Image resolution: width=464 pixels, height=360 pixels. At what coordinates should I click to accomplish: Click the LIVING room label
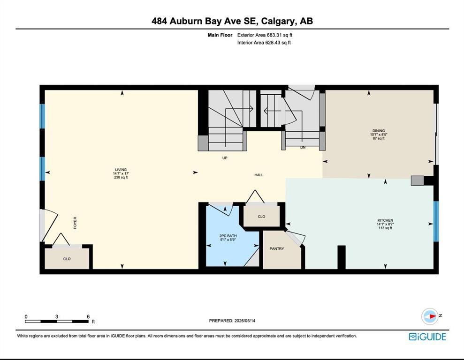point(121,170)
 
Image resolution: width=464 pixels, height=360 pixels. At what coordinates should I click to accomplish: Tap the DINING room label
point(379,131)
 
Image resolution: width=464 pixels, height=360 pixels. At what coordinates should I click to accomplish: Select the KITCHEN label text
point(385,220)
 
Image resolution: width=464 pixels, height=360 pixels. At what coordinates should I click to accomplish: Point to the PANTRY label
point(277,249)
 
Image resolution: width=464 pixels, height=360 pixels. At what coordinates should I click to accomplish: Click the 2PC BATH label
point(228,236)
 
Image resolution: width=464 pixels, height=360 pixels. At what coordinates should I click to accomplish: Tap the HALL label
point(259,175)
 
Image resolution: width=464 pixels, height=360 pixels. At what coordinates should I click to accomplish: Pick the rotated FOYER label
point(75,223)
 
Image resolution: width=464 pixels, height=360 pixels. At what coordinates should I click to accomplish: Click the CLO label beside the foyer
point(67,259)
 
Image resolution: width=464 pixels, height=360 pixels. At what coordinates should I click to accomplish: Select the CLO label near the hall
point(261,217)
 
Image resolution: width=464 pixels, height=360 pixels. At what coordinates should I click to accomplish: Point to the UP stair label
point(225,158)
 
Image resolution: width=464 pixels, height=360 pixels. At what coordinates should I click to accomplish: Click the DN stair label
point(303,147)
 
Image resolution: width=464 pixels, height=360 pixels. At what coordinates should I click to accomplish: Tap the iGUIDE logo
point(427,337)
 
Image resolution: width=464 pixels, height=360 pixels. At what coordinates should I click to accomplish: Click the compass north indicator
point(430,316)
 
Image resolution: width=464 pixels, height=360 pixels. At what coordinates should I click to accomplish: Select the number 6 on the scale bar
point(88,316)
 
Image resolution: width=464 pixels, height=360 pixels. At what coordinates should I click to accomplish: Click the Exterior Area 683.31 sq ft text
point(265,35)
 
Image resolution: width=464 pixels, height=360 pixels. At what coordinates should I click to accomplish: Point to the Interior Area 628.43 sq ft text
point(264,43)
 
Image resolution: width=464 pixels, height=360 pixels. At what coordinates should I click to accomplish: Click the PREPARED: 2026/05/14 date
point(232,321)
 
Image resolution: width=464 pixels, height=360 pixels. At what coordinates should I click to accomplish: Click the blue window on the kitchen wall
point(436,221)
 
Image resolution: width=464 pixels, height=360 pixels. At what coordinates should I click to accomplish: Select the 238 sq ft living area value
point(121,177)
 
